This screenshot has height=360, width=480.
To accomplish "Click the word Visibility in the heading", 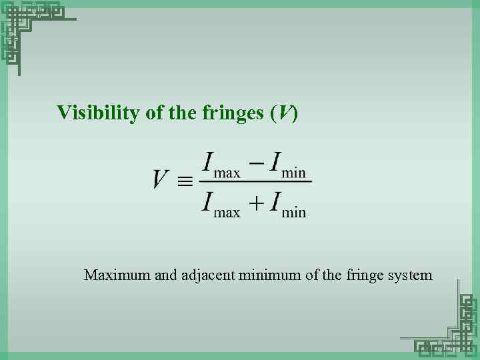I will click(99, 113).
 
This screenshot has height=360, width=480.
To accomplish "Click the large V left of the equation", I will click(160, 179).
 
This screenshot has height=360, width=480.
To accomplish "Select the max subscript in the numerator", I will click(227, 173).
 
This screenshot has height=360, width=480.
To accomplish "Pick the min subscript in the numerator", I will click(294, 173).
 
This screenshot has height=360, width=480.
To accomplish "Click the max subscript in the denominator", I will click(227, 213).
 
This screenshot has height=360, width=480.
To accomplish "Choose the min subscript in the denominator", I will click(294, 213).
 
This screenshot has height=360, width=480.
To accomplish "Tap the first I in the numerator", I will click(208, 161).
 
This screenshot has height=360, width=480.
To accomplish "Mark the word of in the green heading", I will click(154, 113).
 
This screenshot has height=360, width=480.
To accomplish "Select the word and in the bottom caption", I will click(166, 275).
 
